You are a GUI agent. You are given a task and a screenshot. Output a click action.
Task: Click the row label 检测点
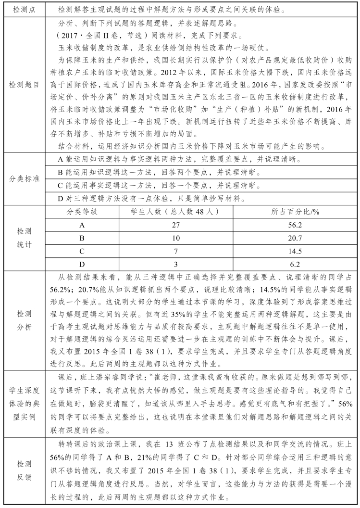coord(23,9)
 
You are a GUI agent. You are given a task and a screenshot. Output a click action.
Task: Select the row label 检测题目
coord(23,85)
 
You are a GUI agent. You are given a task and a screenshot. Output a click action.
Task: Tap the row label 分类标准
coord(23,178)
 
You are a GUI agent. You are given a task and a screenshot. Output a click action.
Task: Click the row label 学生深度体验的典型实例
coord(23,404)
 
